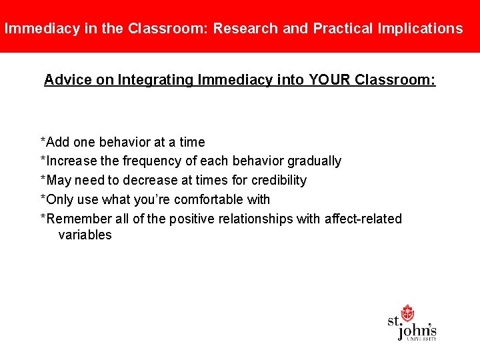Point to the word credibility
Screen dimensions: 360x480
279,180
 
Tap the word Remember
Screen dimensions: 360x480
73,219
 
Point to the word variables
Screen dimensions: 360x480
85,235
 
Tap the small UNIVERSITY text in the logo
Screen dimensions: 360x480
422,339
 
